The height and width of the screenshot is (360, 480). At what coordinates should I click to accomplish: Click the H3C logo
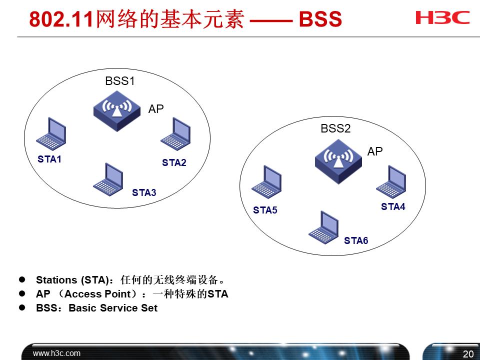[x=442, y=18]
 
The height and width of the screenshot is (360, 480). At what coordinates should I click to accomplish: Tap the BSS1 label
[x=120, y=81]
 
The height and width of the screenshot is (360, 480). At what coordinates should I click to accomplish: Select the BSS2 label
[x=335, y=128]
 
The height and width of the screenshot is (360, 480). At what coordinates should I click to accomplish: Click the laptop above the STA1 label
[x=51, y=134]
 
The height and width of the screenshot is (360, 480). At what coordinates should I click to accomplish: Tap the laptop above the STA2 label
[x=175, y=134]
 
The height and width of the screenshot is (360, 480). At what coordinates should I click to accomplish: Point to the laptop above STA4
[x=391, y=181]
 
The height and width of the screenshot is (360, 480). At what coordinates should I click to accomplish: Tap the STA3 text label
[x=144, y=192]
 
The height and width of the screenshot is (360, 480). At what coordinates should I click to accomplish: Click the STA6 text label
[x=356, y=241]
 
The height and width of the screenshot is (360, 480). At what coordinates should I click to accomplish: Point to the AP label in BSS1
[x=156, y=109]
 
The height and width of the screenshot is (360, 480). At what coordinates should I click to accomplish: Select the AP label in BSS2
[x=375, y=151]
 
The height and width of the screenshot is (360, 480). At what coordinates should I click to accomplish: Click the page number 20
[x=468, y=354]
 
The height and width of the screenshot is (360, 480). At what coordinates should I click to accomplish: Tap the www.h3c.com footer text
[x=56, y=353]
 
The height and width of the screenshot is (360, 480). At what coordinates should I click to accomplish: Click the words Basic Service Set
[x=113, y=308]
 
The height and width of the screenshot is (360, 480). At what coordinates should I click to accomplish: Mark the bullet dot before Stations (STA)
[x=22, y=279]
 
